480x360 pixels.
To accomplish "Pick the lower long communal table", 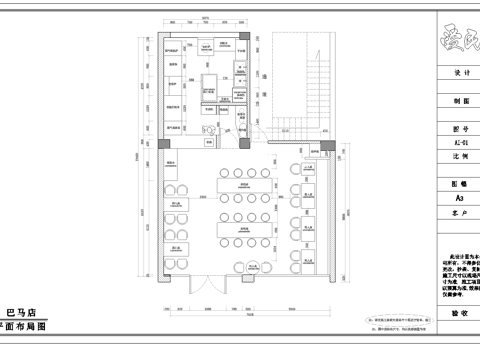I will pos(243,229).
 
